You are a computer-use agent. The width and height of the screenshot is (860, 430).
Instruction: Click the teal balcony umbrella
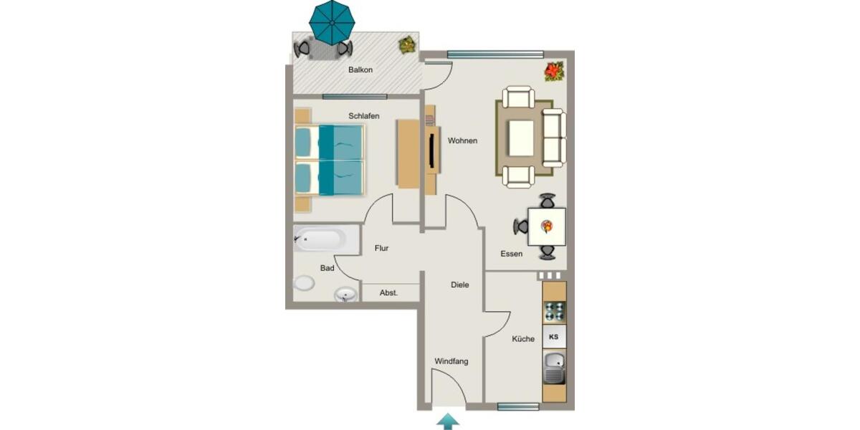(x=332, y=21)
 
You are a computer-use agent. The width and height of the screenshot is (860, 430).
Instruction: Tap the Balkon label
(x=360, y=70)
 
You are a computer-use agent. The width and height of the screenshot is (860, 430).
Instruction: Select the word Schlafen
(x=364, y=116)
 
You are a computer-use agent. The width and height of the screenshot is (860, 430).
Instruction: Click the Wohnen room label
(x=462, y=141)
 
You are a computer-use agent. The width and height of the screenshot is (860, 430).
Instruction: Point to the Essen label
(x=512, y=254)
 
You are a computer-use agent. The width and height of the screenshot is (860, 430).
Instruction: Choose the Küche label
(x=523, y=339)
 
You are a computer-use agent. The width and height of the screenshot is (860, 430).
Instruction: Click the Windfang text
(x=451, y=361)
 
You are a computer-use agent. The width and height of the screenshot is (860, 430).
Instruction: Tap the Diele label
(x=460, y=285)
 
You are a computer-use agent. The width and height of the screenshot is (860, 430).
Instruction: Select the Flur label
(x=381, y=249)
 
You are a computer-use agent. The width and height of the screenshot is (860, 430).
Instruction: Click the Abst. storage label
(x=389, y=292)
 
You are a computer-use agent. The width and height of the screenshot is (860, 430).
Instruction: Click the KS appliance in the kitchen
(x=553, y=336)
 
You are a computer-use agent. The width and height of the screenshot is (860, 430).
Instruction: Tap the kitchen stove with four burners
(x=554, y=312)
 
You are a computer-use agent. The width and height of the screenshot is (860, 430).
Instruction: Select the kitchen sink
(x=554, y=368)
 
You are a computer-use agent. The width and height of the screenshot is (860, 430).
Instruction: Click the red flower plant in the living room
(x=554, y=71)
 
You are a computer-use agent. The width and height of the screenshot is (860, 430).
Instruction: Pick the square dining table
(x=547, y=226)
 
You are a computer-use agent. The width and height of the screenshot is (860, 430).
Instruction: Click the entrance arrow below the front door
(x=449, y=421)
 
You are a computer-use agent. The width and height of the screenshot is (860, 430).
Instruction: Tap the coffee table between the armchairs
(x=520, y=138)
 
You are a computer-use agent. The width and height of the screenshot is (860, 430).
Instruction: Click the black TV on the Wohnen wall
(x=432, y=150)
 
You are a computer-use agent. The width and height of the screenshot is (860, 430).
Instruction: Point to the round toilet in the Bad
(x=304, y=284)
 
